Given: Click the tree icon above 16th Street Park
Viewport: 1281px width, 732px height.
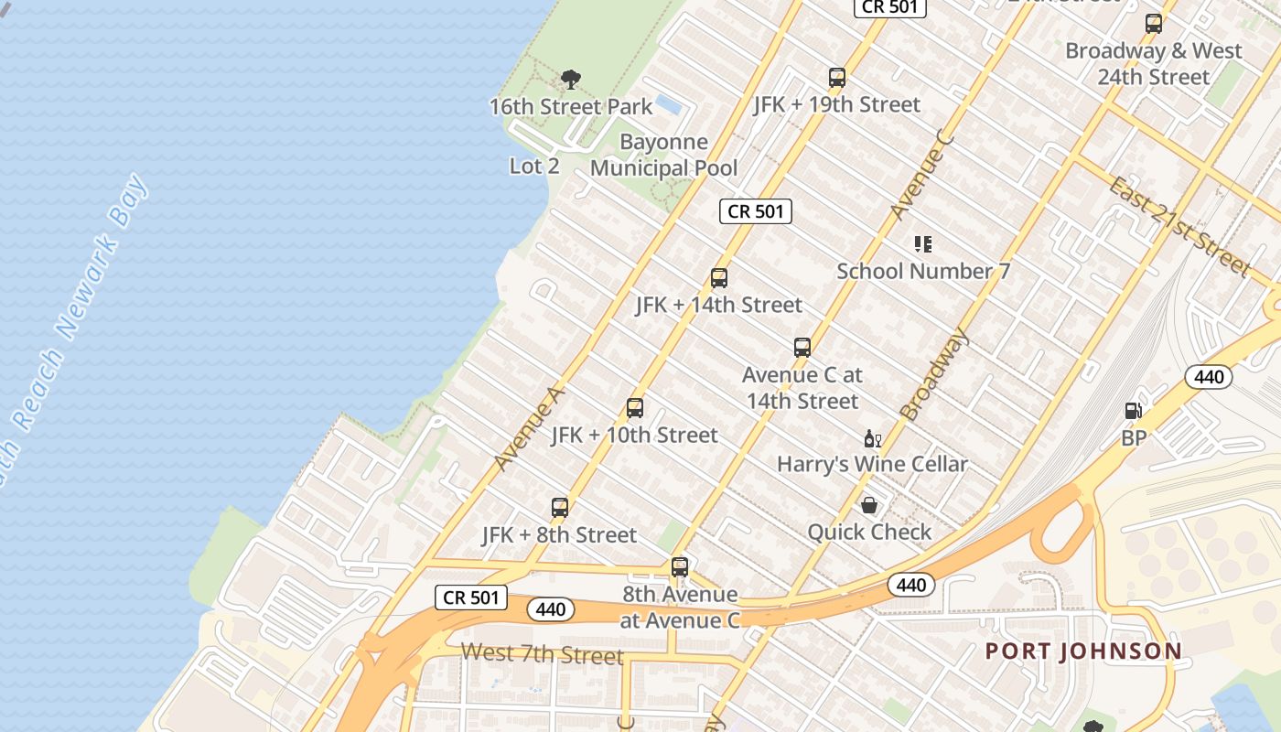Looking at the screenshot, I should pyautogui.click(x=571, y=80).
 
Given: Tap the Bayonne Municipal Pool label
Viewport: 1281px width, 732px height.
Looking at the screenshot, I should pyautogui.click(x=663, y=155).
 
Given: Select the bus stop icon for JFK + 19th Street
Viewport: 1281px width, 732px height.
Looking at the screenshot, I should pyautogui.click(x=836, y=78).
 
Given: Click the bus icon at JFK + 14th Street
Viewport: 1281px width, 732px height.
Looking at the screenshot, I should pyautogui.click(x=719, y=278).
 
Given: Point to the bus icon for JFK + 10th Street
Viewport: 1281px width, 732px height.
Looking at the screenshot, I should pyautogui.click(x=635, y=408).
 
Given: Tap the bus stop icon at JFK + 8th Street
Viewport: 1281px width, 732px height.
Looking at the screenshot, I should pyautogui.click(x=560, y=508).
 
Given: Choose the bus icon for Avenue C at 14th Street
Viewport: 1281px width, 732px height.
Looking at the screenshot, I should pyautogui.click(x=802, y=348).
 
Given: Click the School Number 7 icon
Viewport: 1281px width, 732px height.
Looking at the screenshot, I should pyautogui.click(x=923, y=244).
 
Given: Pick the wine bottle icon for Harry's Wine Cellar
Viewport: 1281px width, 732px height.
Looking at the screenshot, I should pyautogui.click(x=872, y=439).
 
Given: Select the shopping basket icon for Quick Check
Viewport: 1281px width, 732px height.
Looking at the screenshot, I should pyautogui.click(x=869, y=505).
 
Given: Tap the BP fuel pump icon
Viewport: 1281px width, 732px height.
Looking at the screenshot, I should pyautogui.click(x=1133, y=412).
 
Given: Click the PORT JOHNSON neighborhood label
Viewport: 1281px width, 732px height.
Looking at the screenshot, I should pyautogui.click(x=1083, y=651).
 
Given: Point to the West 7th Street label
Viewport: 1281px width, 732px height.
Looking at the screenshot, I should pyautogui.click(x=542, y=654).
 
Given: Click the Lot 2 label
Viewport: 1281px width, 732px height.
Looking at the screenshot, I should pyautogui.click(x=534, y=167).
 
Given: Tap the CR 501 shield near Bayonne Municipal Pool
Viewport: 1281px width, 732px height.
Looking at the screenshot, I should pyautogui.click(x=755, y=211).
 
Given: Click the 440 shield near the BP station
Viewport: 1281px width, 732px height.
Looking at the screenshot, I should pyautogui.click(x=1209, y=376).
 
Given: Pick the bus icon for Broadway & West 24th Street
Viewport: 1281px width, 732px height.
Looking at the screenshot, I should pyautogui.click(x=1154, y=24).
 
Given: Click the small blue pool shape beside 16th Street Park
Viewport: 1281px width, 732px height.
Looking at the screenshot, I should pyautogui.click(x=669, y=105).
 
